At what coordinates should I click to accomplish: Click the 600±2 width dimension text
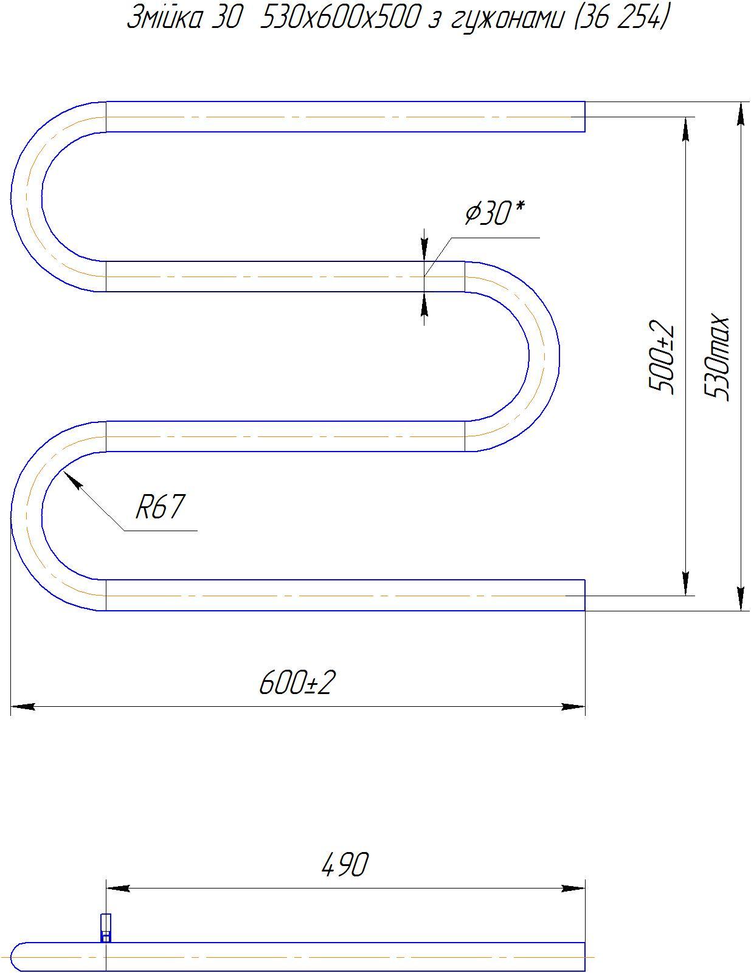click(297, 682)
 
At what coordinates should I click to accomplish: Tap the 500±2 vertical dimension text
click(662, 357)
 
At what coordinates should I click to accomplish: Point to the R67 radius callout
click(159, 506)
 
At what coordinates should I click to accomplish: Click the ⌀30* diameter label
click(494, 213)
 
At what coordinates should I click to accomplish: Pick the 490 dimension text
click(345, 864)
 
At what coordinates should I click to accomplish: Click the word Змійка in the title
click(163, 19)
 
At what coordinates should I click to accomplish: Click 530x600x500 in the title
click(339, 18)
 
